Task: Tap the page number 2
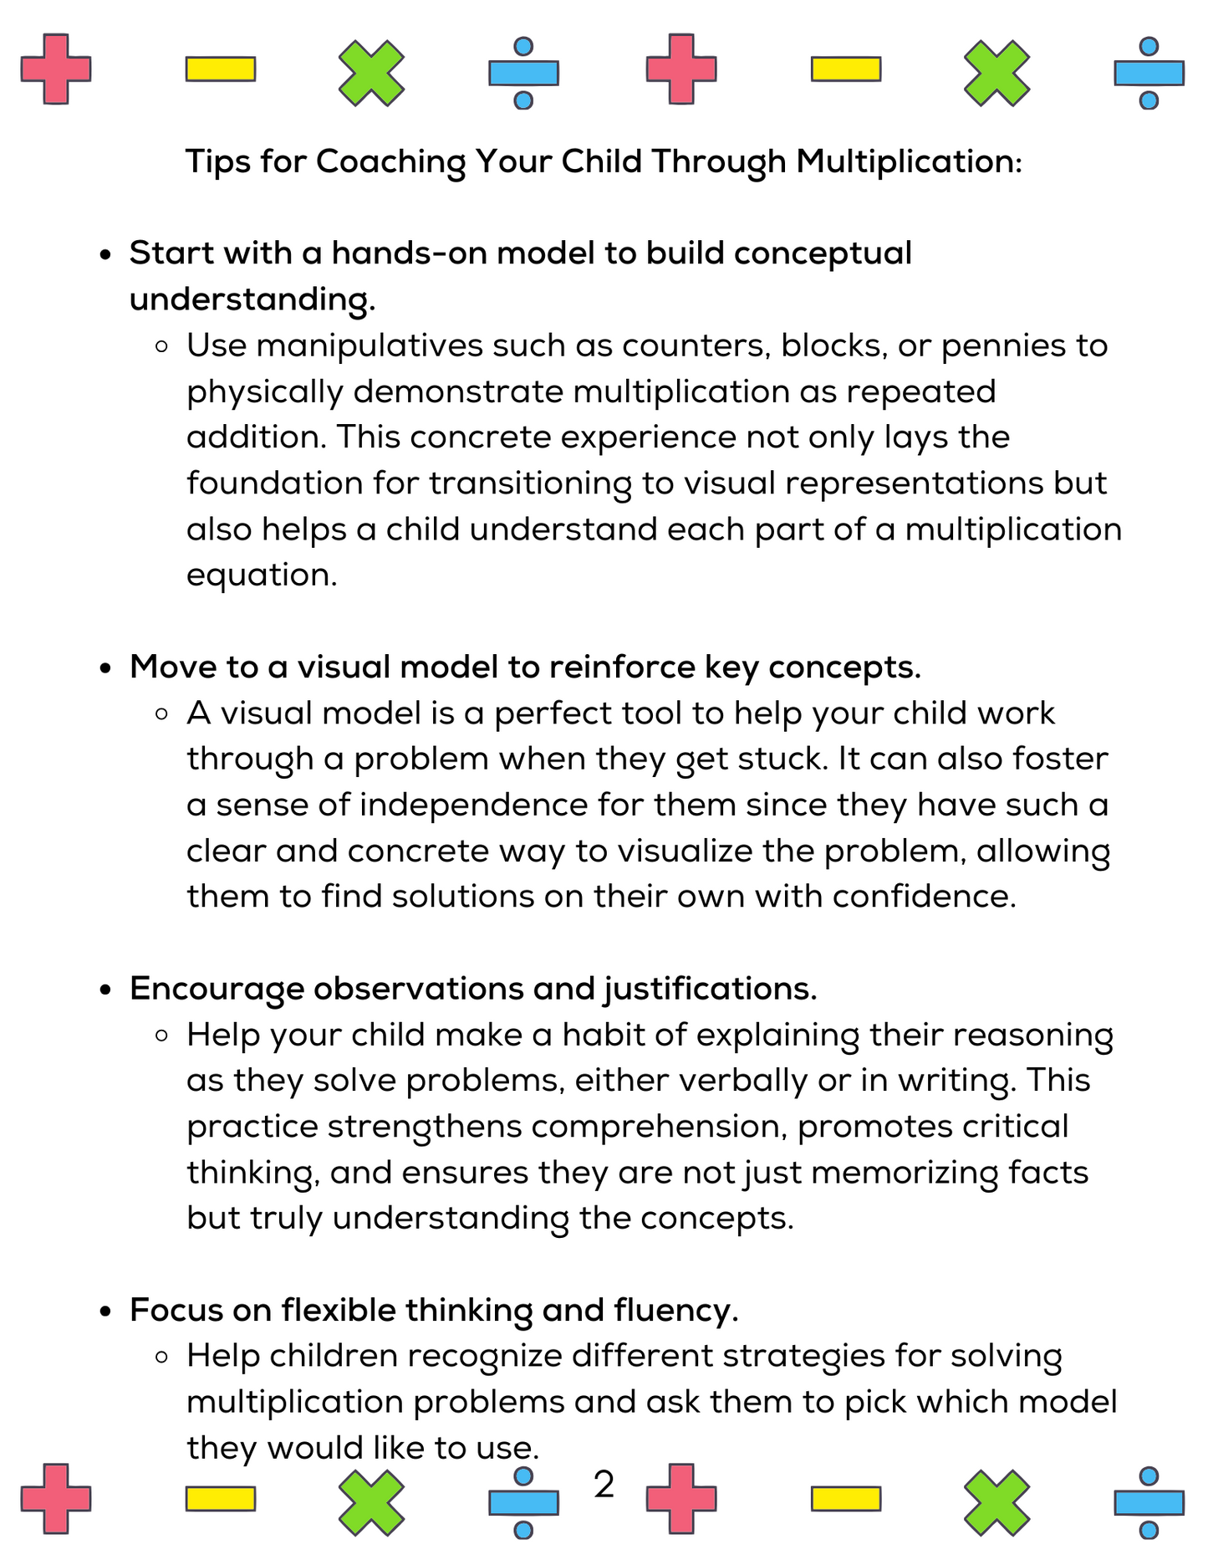pos(604,1485)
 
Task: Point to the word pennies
pos(993,346)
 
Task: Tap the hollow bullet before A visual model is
pos(163,714)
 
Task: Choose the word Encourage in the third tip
pos(217,989)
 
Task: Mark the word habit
pos(603,1035)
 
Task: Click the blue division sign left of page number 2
pos(523,1502)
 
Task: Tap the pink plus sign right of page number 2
pos(681,1499)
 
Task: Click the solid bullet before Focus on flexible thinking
pos(105,1312)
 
